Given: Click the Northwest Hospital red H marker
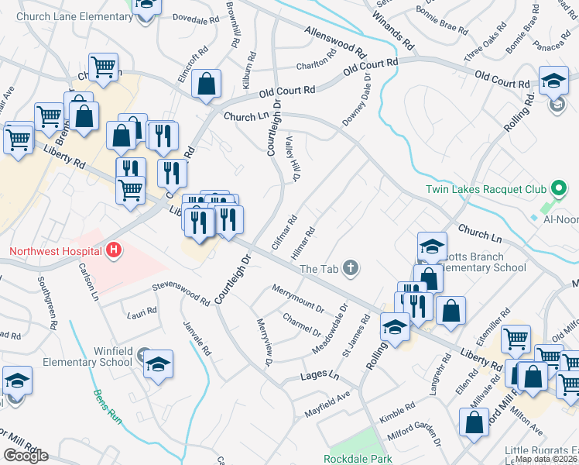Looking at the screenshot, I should (x=115, y=250).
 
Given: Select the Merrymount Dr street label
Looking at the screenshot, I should (x=298, y=298).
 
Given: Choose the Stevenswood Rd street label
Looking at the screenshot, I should (x=180, y=293).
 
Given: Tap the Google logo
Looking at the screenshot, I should (x=26, y=455).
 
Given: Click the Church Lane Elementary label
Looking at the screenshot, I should (x=74, y=16).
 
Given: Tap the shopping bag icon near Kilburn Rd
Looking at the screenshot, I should (x=207, y=86).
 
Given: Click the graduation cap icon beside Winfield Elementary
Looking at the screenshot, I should (x=158, y=365).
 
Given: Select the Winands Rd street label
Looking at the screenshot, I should (x=389, y=24).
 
